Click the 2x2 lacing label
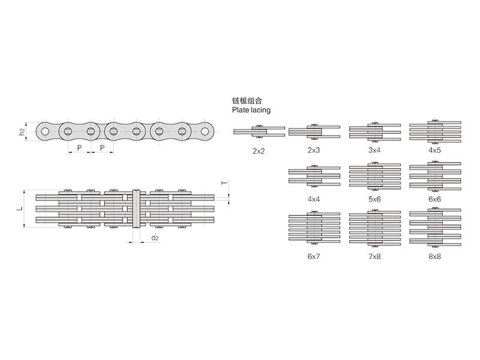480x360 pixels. coord(259,151)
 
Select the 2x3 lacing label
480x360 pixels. coord(314,149)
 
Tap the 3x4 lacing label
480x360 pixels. coord(374,149)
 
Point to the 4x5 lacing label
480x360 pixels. coord(434,149)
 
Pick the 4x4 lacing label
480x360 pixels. coord(314,197)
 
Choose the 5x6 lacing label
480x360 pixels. coord(374,197)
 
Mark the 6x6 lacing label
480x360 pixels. coord(434,197)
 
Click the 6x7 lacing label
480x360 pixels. coord(314,256)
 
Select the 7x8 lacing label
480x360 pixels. coord(374,256)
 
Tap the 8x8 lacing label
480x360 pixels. coord(434,256)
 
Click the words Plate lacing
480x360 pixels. coord(251,111)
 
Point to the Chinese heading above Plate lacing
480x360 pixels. coord(247,101)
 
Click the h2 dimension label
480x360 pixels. coord(22,131)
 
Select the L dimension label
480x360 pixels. coord(19,209)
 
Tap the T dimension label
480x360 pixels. coord(224,183)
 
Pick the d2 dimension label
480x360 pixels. coord(155,238)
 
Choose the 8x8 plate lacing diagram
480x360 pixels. coord(434,228)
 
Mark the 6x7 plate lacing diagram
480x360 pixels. coord(314,229)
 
